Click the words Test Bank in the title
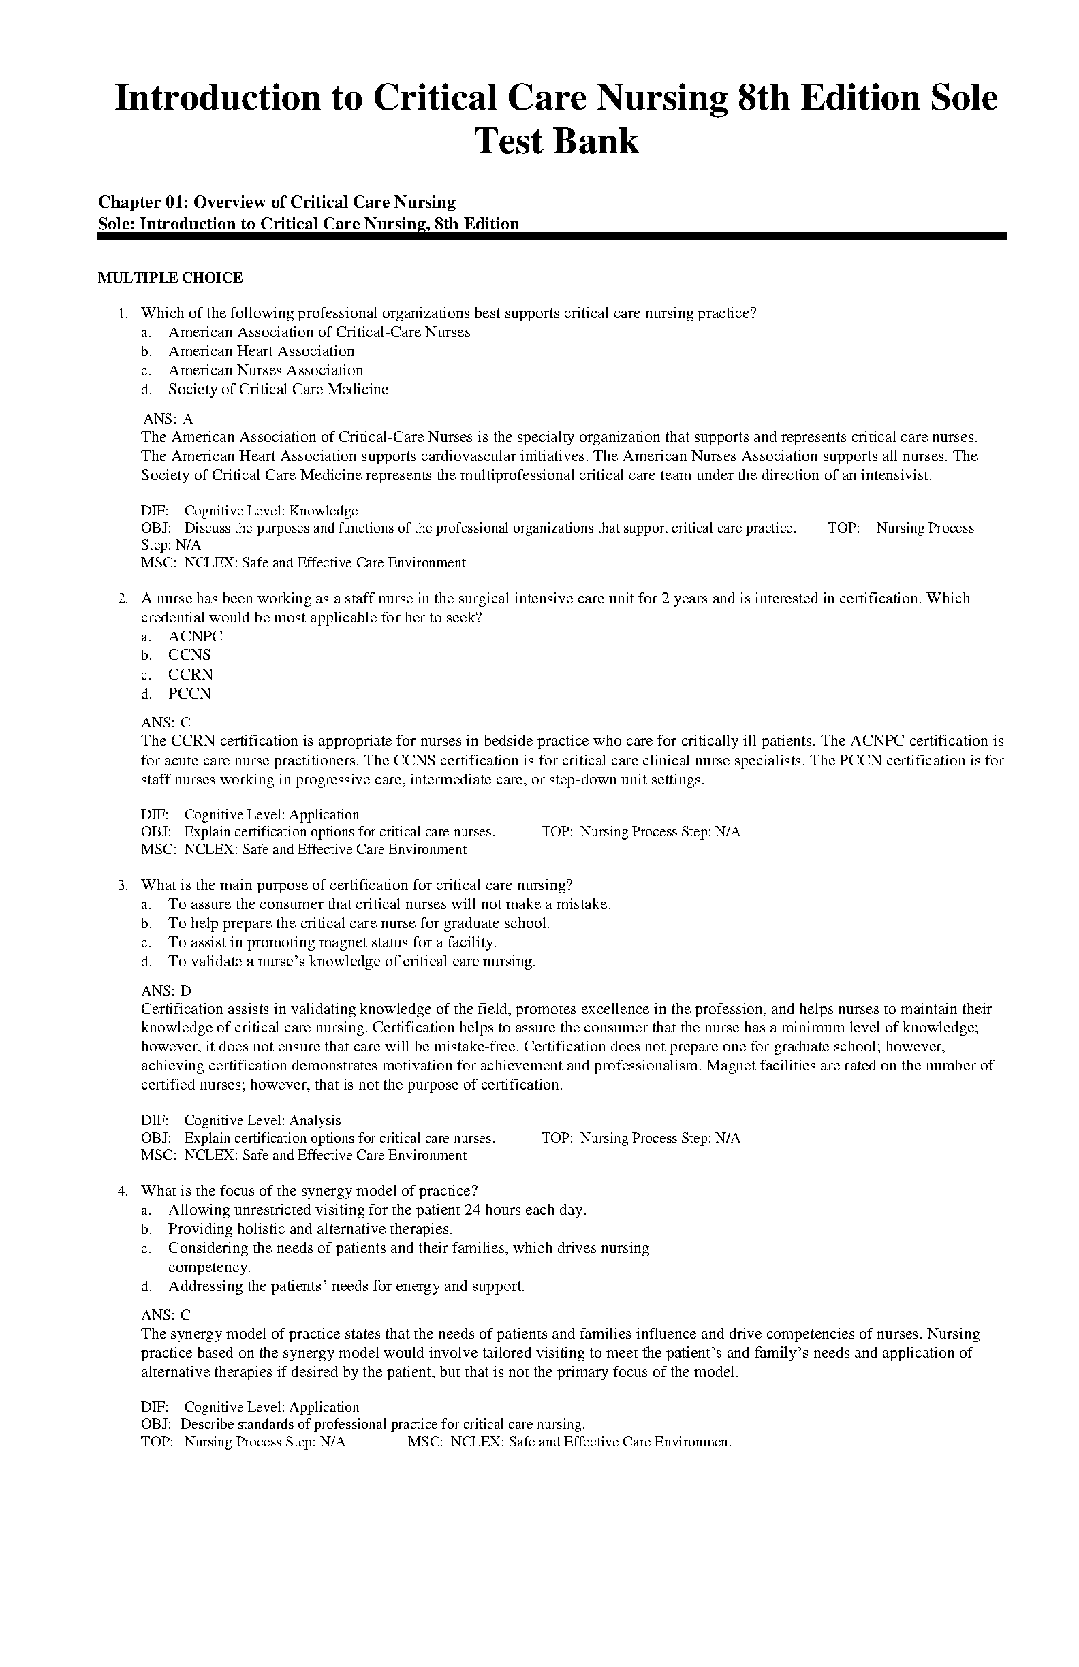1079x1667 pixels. coord(557,142)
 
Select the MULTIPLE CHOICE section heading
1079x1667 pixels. coord(170,278)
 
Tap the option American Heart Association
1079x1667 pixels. coord(261,351)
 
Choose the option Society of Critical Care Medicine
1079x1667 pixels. coord(277,390)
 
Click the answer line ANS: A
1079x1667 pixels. coord(168,419)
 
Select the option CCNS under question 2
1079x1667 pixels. coord(189,655)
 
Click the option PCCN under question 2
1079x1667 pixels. coord(189,693)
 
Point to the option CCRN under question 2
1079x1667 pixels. coord(191,675)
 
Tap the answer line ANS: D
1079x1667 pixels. coord(166,990)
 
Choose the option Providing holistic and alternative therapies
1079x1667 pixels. coord(310,1228)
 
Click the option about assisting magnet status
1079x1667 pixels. coord(332,942)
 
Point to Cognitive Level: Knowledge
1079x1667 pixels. coord(270,511)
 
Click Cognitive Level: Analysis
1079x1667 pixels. coord(262,1120)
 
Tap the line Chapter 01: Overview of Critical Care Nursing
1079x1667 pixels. coord(277,202)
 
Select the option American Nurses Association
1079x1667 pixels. coord(265,370)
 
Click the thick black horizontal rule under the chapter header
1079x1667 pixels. coord(550,238)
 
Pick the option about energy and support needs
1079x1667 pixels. coord(346,1286)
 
